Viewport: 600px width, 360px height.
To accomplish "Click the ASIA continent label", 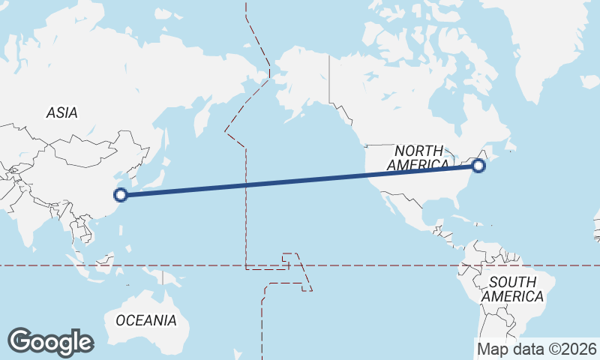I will point(61,113).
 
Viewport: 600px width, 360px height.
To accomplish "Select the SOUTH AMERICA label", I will point(512,289).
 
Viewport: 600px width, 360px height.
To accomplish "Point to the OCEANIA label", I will point(146,321).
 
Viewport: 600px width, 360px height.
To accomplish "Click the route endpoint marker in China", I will point(120,195).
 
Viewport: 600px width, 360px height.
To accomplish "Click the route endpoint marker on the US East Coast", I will point(479,166).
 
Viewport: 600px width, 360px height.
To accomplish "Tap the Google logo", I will point(50,342).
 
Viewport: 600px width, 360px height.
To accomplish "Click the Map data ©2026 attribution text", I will point(537,349).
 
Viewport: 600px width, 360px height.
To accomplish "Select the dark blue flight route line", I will point(300,181).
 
